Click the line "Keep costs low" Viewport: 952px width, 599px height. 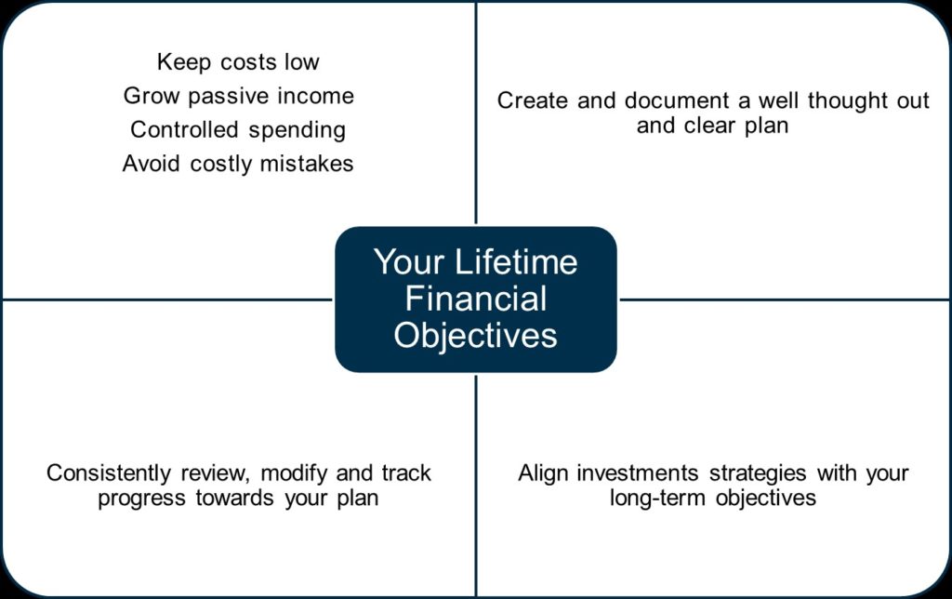click(x=238, y=62)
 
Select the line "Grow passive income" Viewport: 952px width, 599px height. click(x=239, y=96)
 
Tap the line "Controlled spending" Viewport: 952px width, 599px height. click(x=238, y=130)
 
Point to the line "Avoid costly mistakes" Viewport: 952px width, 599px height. click(x=238, y=164)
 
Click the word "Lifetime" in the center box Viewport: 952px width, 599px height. click(x=516, y=262)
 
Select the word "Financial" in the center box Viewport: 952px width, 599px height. click(x=476, y=299)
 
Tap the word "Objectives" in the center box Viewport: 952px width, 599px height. click(x=475, y=336)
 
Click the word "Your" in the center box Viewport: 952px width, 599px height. click(x=409, y=262)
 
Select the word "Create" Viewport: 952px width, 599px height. click(x=533, y=100)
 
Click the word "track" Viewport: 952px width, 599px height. click(x=406, y=473)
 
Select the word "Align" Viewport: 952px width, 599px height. click(x=543, y=473)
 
